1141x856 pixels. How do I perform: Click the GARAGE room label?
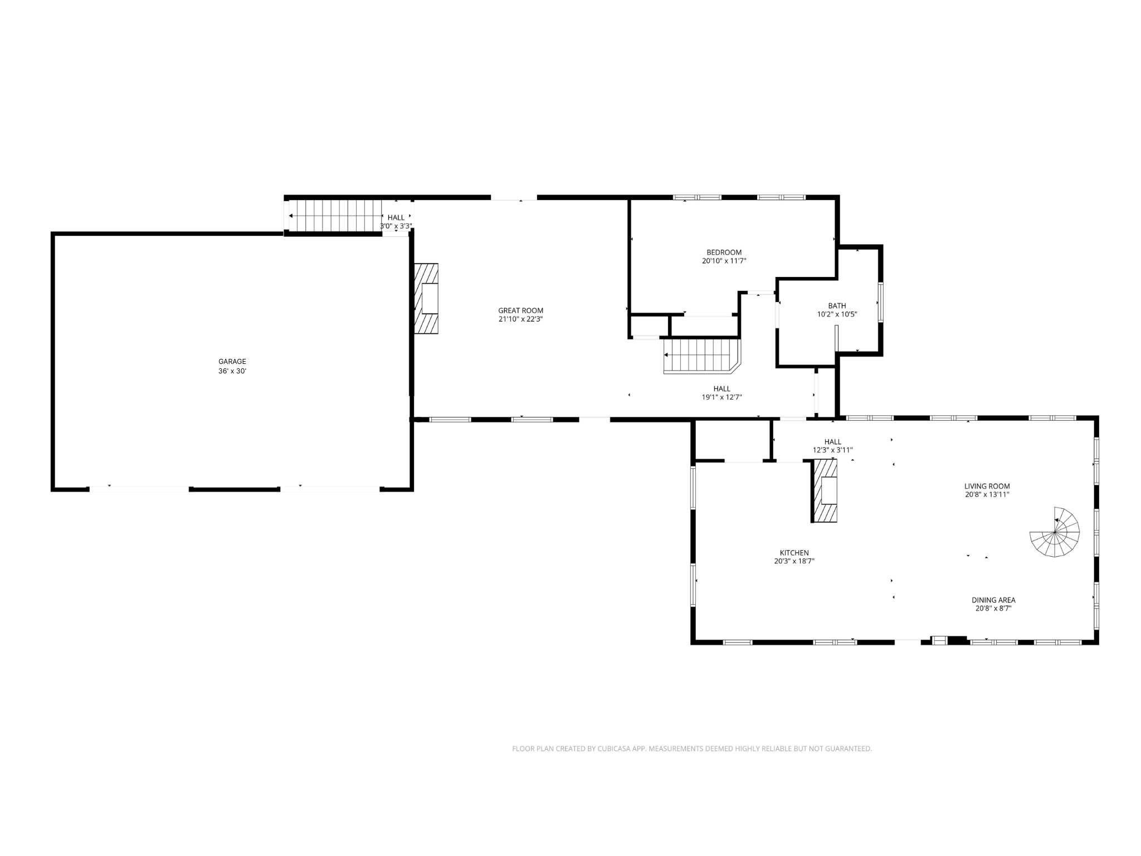(232, 362)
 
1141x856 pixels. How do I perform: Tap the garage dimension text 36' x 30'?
(232, 371)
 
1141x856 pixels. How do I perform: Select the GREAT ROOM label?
(520, 310)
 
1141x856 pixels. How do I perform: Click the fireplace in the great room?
(426, 299)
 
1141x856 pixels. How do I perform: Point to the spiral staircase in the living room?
(1055, 532)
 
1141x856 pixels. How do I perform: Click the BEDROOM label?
(724, 252)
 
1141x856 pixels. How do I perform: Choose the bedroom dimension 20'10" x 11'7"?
(724, 261)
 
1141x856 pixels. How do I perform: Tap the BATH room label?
(837, 305)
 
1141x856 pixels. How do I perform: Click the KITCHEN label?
(794, 553)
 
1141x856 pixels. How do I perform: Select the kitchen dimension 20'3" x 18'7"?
(794, 561)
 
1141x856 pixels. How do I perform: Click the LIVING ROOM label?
(987, 486)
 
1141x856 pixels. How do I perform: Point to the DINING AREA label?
(993, 600)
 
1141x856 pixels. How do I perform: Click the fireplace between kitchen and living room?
(825, 491)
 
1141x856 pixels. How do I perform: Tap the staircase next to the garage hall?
(334, 216)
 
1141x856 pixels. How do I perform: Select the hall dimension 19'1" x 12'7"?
(721, 397)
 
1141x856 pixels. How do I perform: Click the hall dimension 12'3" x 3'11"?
(832, 450)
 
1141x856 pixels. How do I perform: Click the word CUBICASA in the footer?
(613, 749)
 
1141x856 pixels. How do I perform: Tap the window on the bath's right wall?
(880, 302)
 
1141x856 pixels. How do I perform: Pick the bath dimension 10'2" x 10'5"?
(837, 314)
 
